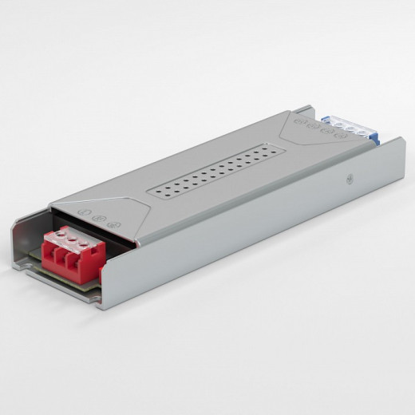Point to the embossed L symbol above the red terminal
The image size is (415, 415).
coord(85,212)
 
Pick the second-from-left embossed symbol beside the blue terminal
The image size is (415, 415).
coord(313,126)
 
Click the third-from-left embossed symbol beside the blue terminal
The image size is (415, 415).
coord(326,131)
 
